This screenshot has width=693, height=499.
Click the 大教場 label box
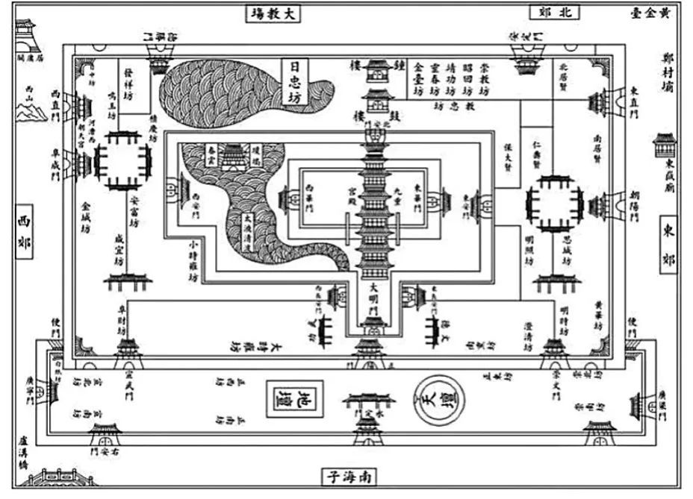[273, 13]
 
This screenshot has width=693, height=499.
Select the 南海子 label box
[348, 475]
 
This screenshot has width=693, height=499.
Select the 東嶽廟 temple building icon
[663, 142]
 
